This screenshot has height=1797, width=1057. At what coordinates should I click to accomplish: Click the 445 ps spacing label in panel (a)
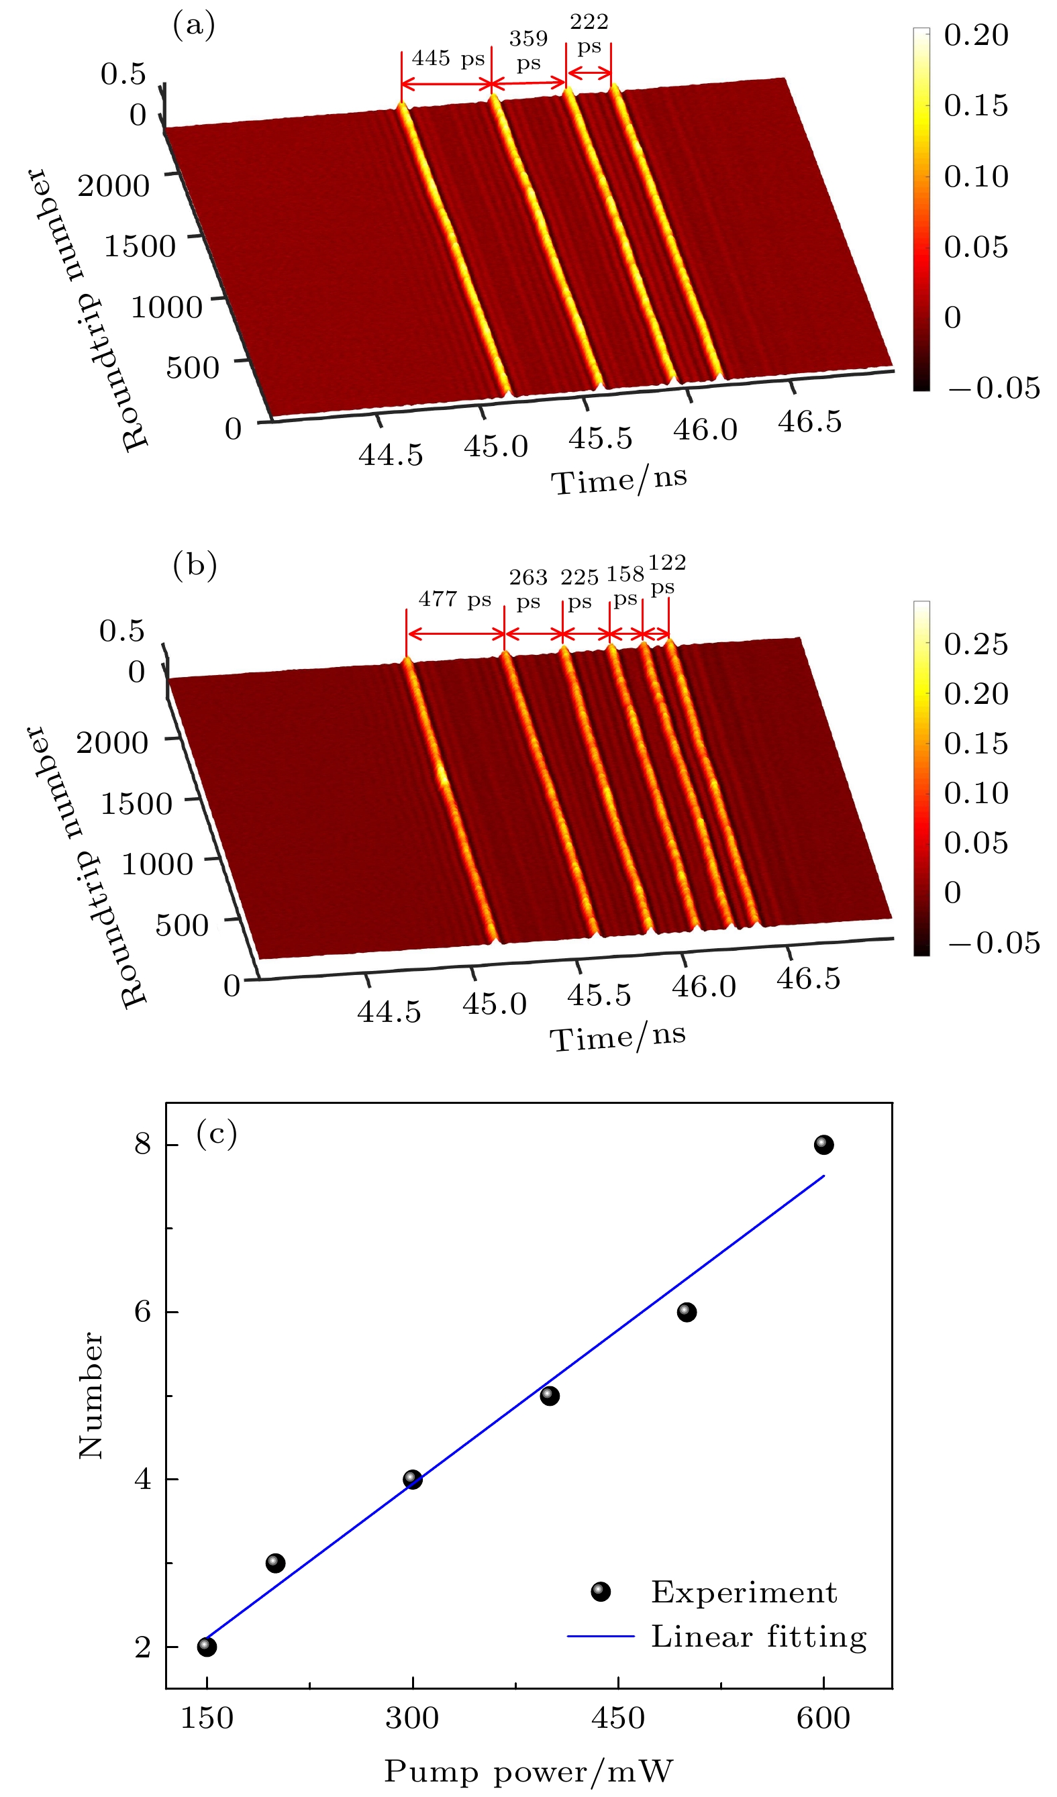click(448, 58)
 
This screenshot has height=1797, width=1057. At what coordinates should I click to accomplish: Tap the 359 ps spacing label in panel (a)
click(529, 50)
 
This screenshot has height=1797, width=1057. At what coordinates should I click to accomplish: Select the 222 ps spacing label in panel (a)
click(589, 34)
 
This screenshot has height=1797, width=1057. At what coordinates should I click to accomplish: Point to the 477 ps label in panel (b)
click(455, 600)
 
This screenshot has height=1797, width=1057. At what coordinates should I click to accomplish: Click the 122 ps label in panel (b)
click(667, 575)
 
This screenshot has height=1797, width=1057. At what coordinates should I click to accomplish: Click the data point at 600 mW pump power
click(823, 1145)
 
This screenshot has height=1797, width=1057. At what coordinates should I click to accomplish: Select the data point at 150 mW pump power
click(207, 1647)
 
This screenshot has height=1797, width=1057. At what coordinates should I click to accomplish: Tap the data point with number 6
click(687, 1312)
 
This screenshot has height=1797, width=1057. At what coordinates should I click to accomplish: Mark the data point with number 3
click(275, 1563)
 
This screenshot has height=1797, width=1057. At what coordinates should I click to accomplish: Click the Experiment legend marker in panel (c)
click(601, 1592)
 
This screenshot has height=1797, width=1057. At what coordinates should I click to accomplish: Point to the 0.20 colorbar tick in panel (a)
click(976, 35)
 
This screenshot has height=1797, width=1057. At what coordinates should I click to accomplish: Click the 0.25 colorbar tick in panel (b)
click(976, 644)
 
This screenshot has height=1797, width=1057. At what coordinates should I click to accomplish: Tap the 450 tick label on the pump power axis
click(617, 1718)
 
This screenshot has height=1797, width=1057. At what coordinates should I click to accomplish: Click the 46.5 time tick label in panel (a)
click(809, 421)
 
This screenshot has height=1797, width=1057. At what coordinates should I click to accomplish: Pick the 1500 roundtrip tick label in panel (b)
click(136, 805)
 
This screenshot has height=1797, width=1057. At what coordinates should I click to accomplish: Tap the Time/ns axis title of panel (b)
click(617, 1037)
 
